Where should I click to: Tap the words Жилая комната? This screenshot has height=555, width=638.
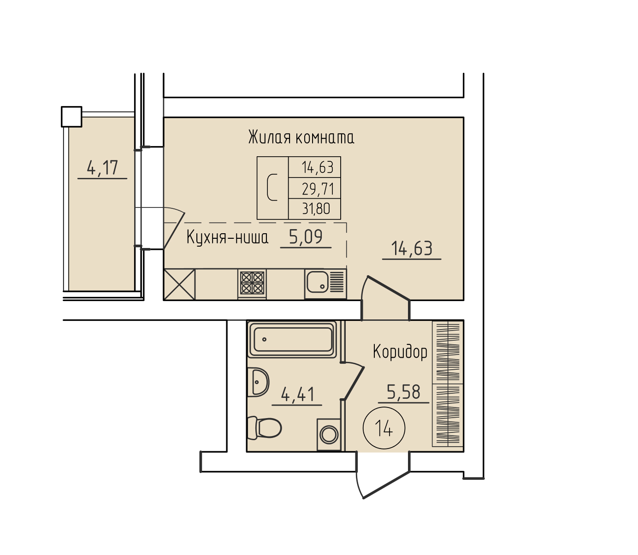point(301,137)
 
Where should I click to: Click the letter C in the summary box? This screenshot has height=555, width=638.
point(272,188)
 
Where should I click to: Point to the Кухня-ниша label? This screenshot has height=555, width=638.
point(227,237)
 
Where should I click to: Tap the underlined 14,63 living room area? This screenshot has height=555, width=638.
point(412,248)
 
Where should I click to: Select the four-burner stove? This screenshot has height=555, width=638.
point(252,283)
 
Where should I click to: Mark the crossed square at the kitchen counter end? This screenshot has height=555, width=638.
point(180,284)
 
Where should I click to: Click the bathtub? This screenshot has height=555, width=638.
point(292,339)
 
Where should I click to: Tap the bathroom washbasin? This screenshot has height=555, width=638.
point(258,382)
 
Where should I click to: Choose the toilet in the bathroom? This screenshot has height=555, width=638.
point(264,428)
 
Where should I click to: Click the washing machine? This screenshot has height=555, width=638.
point(329,435)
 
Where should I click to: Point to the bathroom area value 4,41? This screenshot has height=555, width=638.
point(297,395)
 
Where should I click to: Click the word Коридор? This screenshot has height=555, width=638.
point(400,352)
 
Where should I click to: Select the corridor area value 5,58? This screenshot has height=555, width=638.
point(403,392)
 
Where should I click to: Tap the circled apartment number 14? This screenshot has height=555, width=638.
point(384,428)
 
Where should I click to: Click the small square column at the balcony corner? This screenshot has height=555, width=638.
point(72,117)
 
